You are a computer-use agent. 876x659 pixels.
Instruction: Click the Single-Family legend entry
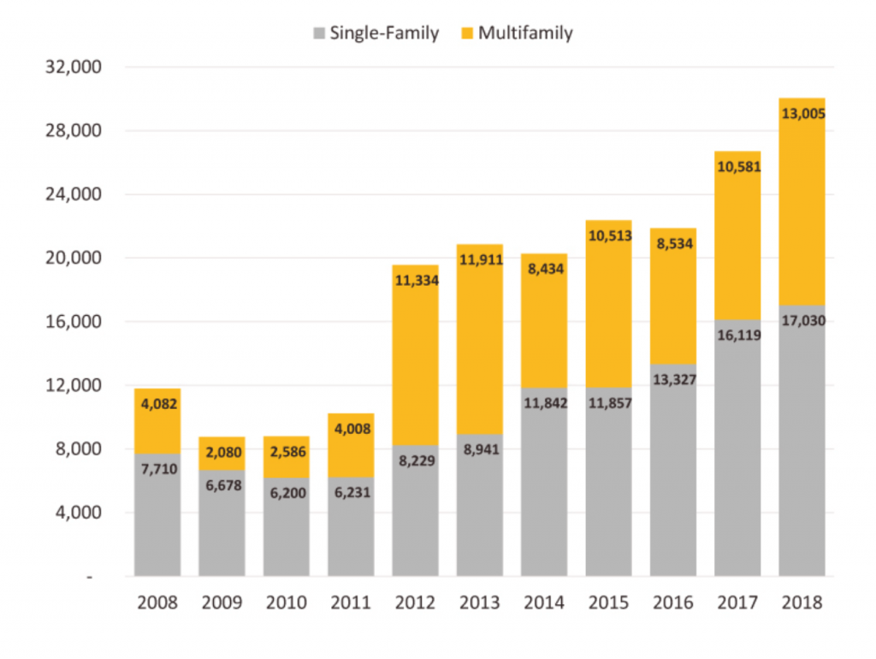click(x=376, y=33)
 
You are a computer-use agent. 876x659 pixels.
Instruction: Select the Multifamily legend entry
click(x=516, y=33)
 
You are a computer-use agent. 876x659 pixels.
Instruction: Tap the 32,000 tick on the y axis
click(x=73, y=68)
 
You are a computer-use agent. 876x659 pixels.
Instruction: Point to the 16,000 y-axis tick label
click(x=73, y=322)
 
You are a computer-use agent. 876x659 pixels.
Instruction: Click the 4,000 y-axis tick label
click(x=78, y=513)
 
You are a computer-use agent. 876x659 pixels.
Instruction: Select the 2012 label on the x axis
click(x=415, y=603)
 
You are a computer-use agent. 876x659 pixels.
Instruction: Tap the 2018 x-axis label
click(x=802, y=603)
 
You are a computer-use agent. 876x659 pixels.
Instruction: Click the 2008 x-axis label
click(x=157, y=603)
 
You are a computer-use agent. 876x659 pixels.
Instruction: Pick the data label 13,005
click(x=802, y=113)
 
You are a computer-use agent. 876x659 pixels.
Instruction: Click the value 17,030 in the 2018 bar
click(x=802, y=321)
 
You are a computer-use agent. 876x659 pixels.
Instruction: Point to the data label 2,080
click(x=222, y=452)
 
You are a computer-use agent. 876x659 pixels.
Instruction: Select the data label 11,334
click(x=415, y=279)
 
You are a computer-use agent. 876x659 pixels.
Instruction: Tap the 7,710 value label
click(x=157, y=469)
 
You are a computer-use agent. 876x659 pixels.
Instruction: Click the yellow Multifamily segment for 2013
click(x=479, y=359)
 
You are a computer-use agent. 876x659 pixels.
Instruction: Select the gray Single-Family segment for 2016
click(x=672, y=479)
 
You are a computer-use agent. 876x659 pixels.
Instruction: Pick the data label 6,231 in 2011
click(x=351, y=492)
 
